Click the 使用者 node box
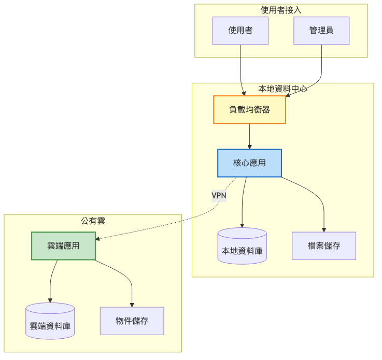240,31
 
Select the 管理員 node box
321,31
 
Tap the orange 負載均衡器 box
249,109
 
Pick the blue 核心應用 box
249,163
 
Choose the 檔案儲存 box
324,246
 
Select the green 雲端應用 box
63,246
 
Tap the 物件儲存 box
132,321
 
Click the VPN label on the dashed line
219,195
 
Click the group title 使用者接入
281,10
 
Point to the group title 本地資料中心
282,89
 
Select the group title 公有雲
93,221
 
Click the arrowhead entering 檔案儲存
324,229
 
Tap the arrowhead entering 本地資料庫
242,225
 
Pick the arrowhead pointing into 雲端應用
98,238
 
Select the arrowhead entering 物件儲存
132,305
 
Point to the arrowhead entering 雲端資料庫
50,300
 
